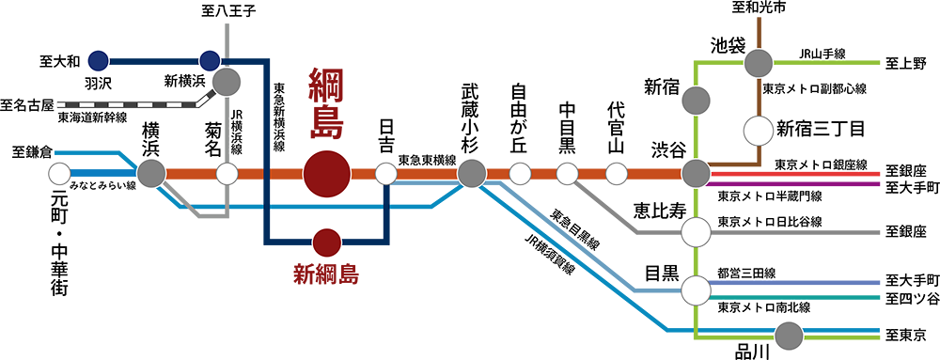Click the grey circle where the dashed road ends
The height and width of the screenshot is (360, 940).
[226, 82]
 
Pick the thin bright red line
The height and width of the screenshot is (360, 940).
[799, 174]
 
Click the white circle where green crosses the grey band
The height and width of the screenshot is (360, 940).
[695, 231]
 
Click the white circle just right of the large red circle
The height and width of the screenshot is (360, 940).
[385, 174]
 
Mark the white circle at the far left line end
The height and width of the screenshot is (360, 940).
[60, 174]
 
